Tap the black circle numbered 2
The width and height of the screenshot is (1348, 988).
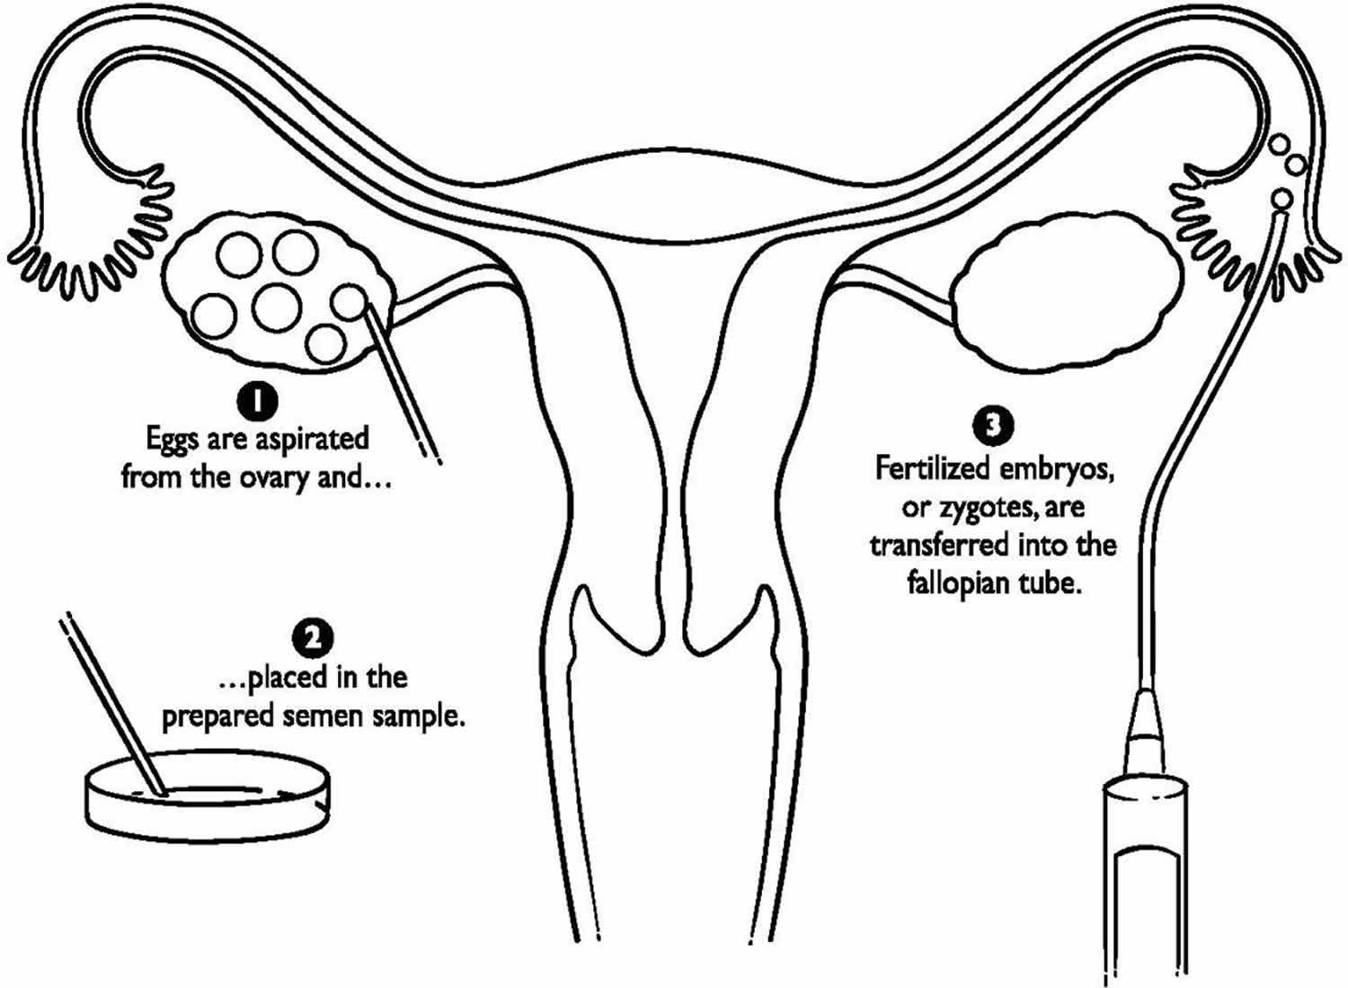click(x=313, y=640)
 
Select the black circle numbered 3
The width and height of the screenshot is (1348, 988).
click(x=993, y=425)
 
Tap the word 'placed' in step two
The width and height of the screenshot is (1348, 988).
click(x=292, y=679)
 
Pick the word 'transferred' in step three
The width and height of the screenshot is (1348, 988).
click(x=939, y=546)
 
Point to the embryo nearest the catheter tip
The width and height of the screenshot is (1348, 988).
click(x=1281, y=200)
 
